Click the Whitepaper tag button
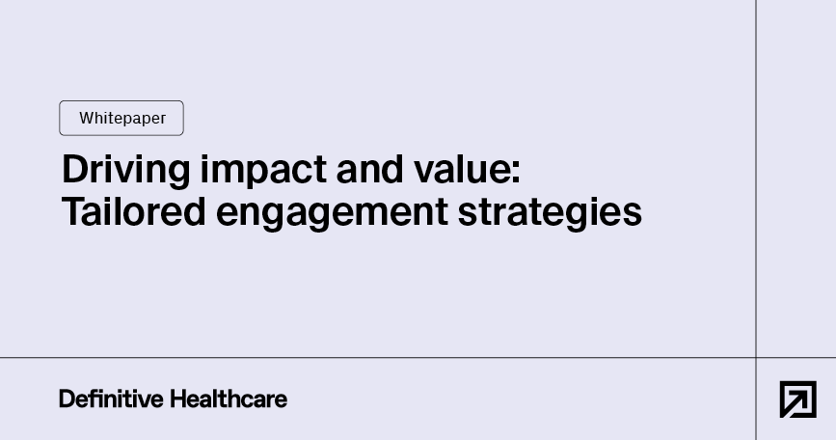click(x=121, y=118)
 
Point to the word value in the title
click(x=465, y=170)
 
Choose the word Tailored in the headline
click(x=134, y=211)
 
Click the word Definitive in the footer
click(x=111, y=399)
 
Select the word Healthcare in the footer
click(x=229, y=399)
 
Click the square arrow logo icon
click(x=797, y=399)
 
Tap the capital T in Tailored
click(x=71, y=211)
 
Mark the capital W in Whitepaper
click(x=86, y=118)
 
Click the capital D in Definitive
click(x=66, y=399)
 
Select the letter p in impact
click(x=247, y=173)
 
